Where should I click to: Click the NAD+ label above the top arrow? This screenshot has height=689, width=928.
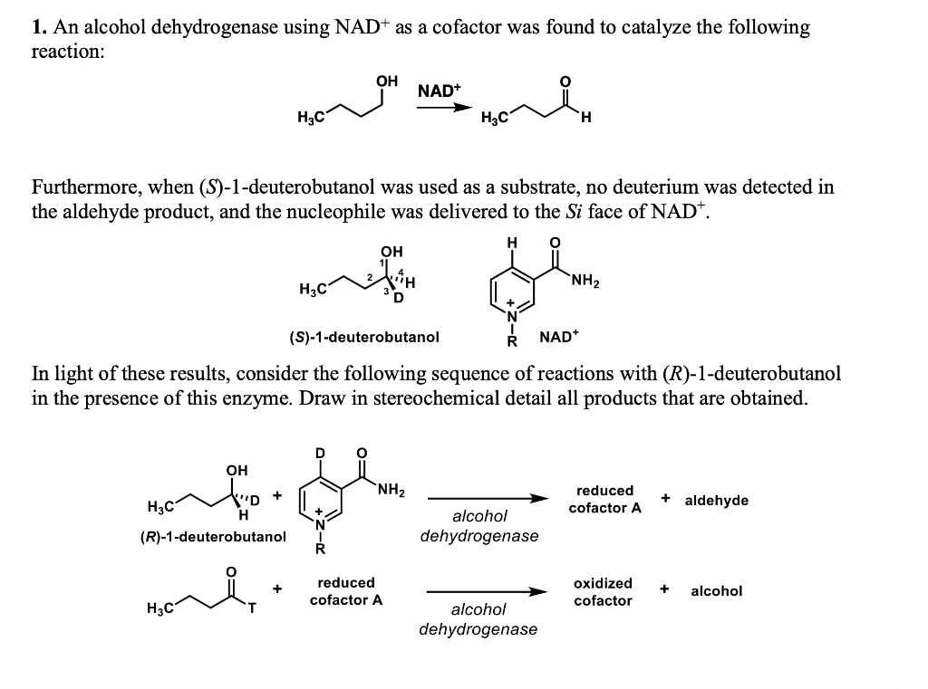[440, 91]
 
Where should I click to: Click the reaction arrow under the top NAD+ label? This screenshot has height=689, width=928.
[444, 108]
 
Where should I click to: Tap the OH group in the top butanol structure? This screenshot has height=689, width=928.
[387, 81]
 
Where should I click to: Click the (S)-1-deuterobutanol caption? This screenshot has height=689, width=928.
[364, 337]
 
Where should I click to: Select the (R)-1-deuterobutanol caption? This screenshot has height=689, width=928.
[213, 536]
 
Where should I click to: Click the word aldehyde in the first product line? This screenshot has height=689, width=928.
[717, 500]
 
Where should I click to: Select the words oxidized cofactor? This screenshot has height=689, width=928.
[604, 591]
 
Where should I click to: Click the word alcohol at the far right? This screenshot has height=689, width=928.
[716, 591]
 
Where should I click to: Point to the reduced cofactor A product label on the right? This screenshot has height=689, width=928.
[604, 499]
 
